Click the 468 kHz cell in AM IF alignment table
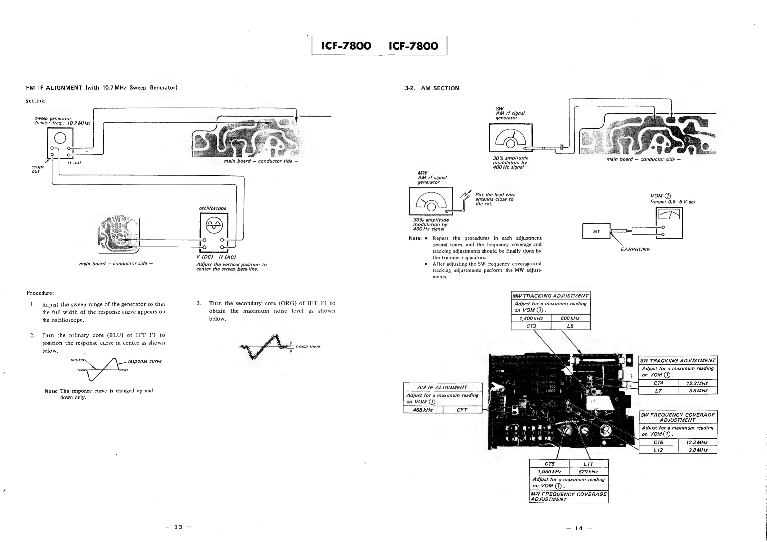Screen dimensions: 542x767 click(423, 410)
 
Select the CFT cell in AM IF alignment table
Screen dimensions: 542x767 click(462, 410)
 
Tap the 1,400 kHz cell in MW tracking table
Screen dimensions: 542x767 click(531, 319)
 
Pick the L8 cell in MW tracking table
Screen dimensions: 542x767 click(570, 326)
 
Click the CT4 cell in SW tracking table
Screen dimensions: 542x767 click(658, 383)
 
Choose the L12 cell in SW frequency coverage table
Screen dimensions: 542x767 click(658, 450)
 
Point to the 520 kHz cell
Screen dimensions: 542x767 click(588, 471)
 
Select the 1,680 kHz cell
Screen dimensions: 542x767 click(549, 471)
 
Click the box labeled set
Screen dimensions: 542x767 click(596, 231)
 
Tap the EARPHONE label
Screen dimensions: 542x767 click(635, 250)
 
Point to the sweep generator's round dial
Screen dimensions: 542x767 click(60, 138)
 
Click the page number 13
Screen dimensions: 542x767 click(178, 527)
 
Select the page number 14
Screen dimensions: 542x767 click(579, 528)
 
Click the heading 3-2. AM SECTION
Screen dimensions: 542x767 click(432, 88)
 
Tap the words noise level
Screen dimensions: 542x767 click(308, 347)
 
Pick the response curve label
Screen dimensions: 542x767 click(145, 361)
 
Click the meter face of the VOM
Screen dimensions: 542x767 click(669, 214)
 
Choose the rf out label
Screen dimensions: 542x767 click(74, 163)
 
